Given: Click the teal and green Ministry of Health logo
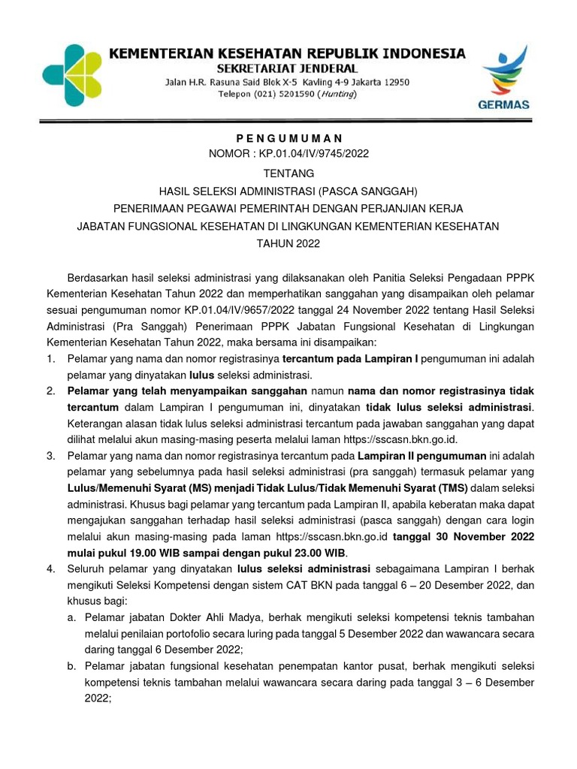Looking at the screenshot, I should pyautogui.click(x=71, y=75).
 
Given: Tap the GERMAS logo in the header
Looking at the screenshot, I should pyautogui.click(x=504, y=79).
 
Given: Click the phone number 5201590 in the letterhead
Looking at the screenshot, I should pyautogui.click(x=288, y=95).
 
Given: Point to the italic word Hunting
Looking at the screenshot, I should pyautogui.click(x=337, y=95).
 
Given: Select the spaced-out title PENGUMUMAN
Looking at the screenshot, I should pyautogui.click(x=288, y=138).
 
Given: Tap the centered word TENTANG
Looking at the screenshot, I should pyautogui.click(x=288, y=173).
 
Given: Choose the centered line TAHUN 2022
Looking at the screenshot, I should pyautogui.click(x=288, y=243).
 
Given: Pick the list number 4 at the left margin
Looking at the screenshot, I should pyautogui.click(x=50, y=569).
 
